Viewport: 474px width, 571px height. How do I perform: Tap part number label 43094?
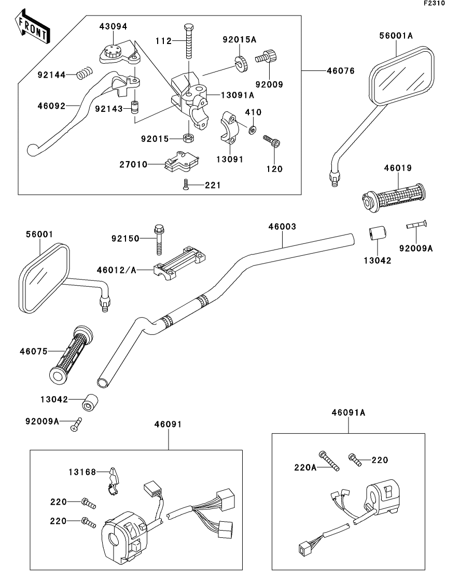pos(113,26)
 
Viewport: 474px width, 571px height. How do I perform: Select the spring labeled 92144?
pos(85,74)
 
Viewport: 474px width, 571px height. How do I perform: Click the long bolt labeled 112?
pos(189,41)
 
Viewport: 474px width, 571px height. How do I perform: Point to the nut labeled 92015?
pos(188,138)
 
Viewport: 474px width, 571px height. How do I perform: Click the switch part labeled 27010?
pos(180,162)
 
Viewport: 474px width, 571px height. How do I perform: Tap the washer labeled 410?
pos(252,129)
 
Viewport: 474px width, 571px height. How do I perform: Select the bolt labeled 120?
pos(272,141)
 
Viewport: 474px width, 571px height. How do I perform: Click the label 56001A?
pos(396,36)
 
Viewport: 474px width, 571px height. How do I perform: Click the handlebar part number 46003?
pos(282,227)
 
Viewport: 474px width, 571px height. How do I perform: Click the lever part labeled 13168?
pos(113,481)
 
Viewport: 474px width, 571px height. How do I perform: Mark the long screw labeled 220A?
pos(329,461)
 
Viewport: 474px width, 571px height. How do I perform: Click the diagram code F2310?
pos(434,3)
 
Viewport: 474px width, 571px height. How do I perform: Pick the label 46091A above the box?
pos(348,413)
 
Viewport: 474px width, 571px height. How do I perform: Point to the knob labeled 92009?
pos(267,57)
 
